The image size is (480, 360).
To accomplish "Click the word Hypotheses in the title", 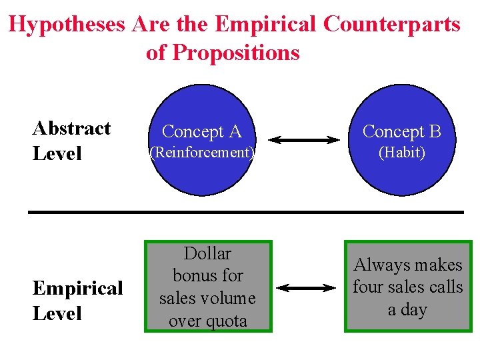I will coord(67,25).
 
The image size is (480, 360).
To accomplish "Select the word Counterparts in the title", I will coord(391,25).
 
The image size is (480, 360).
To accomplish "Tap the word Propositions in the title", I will coord(236,53).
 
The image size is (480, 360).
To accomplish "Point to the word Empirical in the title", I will coord(266,25).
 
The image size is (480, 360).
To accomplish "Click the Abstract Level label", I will coord(71,141).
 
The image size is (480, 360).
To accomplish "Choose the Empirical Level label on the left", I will coord(77,301).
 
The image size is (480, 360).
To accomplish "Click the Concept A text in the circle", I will coord(201,132).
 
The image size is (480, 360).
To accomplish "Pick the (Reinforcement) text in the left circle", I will coord(201,153).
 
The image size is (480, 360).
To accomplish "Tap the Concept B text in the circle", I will coord(401,132).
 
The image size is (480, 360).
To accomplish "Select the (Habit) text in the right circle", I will coord(401,153).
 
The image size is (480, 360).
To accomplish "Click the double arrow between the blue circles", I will coord(304,140).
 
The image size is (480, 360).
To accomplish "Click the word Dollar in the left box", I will coord(207,254).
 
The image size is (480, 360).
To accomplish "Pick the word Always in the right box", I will coord(382,265).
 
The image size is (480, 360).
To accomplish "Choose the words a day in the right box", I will coord(407,310).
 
